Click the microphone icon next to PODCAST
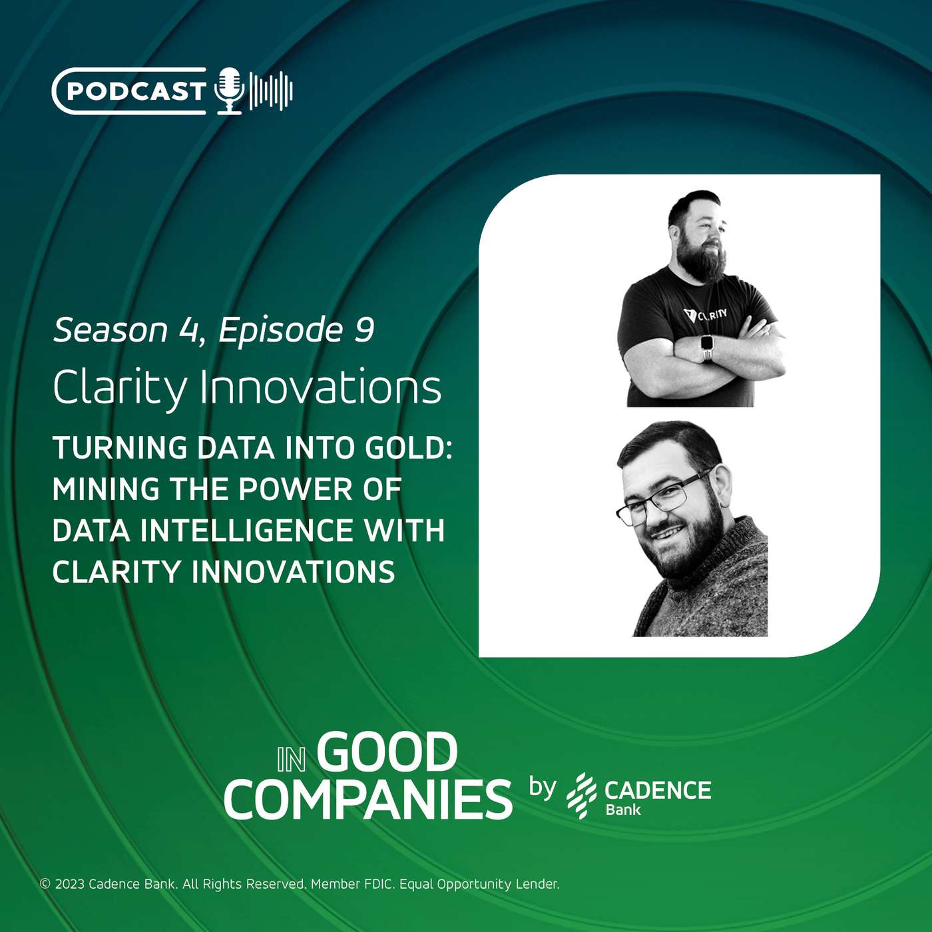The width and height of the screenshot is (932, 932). (x=230, y=91)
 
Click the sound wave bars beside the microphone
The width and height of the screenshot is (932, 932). (x=271, y=91)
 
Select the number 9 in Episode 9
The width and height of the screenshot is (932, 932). (x=364, y=330)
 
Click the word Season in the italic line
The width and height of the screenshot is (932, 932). (x=111, y=330)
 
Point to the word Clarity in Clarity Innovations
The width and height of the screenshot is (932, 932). (x=120, y=388)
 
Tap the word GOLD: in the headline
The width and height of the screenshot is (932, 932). (x=409, y=448)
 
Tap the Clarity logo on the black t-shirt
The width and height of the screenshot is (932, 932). (x=706, y=315)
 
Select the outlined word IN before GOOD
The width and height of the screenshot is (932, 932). (x=292, y=760)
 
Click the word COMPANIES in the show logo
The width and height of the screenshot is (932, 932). (x=368, y=800)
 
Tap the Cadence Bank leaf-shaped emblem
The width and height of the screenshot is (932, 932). (x=581, y=795)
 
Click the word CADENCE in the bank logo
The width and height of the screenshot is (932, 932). (x=658, y=790)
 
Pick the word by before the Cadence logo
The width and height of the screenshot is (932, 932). (x=542, y=788)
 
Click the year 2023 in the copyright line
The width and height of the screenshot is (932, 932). (x=70, y=884)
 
